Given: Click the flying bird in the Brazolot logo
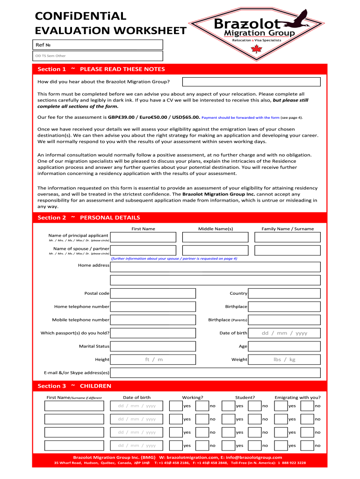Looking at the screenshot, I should [x=294, y=18].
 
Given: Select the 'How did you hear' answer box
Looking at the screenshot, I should [x=251, y=82].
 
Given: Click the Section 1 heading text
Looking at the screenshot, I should [x=51, y=69].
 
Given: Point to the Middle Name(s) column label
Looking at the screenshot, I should [x=216, y=229].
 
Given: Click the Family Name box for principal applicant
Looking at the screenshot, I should [x=288, y=237].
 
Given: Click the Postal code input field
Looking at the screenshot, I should [x=153, y=293].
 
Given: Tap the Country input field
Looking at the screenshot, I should [x=284, y=293].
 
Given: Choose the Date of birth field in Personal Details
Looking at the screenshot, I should [x=284, y=333].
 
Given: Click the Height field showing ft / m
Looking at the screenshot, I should [x=153, y=360].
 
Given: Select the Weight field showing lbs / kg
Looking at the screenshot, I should [x=284, y=360].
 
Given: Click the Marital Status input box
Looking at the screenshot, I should [x=153, y=346].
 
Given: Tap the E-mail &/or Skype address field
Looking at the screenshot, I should [x=215, y=373].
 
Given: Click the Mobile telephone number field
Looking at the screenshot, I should [x=153, y=320].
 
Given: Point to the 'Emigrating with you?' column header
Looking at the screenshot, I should [x=297, y=398].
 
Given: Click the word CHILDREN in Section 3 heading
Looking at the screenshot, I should [x=95, y=386].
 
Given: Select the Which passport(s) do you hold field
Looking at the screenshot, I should [x=153, y=333].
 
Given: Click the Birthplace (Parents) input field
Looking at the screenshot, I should [x=284, y=320].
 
